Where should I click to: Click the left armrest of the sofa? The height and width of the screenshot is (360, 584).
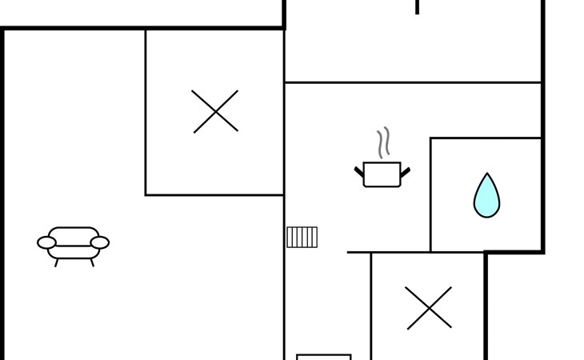pyautogui.click(x=46, y=242)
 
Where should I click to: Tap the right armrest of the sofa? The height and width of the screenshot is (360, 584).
pyautogui.click(x=100, y=242)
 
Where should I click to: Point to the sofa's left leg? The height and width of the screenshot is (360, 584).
pyautogui.click(x=57, y=262)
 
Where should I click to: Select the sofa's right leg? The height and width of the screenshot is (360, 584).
pyautogui.click(x=92, y=262)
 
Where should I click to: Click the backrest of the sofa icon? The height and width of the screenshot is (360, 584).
pyautogui.click(x=74, y=234)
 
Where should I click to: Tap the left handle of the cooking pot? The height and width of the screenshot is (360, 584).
pyautogui.click(x=359, y=170)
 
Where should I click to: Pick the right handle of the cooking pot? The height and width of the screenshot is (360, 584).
pyautogui.click(x=406, y=170)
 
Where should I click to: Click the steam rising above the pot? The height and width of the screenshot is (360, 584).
pyautogui.click(x=384, y=142)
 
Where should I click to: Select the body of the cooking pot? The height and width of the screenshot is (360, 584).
pyautogui.click(x=382, y=174)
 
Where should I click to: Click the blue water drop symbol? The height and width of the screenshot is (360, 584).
pyautogui.click(x=486, y=198)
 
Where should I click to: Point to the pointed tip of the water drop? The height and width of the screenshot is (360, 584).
pyautogui.click(x=486, y=175)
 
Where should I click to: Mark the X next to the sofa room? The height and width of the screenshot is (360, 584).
pyautogui.click(x=215, y=111)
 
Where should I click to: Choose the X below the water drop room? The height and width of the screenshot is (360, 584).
pyautogui.click(x=429, y=308)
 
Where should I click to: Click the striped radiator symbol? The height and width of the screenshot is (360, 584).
pyautogui.click(x=302, y=237)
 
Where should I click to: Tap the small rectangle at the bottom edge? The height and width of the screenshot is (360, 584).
pyautogui.click(x=324, y=357)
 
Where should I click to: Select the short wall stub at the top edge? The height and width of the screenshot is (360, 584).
pyautogui.click(x=417, y=7)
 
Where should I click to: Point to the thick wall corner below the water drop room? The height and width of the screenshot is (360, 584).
pyautogui.click(x=486, y=253)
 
